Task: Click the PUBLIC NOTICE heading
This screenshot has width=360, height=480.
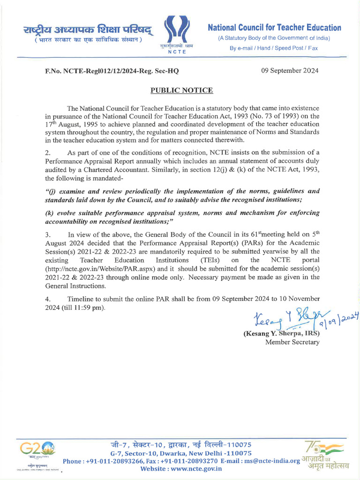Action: point(181,90)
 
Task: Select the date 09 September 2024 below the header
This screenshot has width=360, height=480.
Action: point(290,71)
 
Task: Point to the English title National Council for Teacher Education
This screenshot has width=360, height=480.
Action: point(274,28)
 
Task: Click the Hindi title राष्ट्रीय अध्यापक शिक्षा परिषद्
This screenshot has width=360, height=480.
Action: point(88,30)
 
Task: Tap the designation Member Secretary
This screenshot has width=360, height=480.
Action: point(292,342)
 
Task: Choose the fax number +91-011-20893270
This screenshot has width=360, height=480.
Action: point(187,461)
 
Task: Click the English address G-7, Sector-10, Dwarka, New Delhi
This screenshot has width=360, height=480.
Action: point(181,453)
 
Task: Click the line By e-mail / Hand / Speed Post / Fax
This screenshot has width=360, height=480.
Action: point(273,48)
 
